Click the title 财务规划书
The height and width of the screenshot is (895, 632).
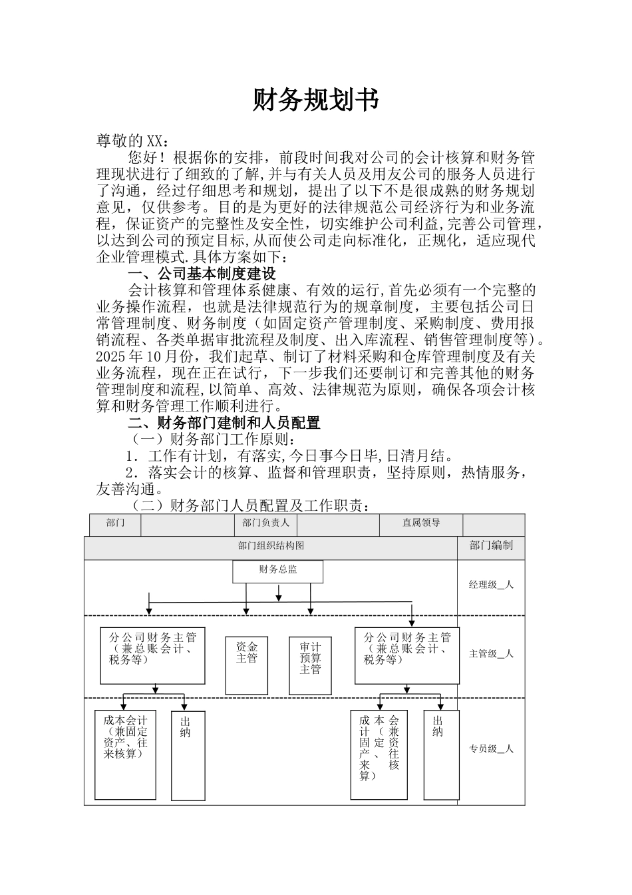pyautogui.click(x=315, y=100)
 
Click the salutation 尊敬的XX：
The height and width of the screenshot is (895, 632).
pyautogui.click(x=133, y=141)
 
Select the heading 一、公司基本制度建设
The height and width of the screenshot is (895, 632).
pyautogui.click(x=201, y=274)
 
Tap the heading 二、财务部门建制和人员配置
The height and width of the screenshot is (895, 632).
pyautogui.click(x=224, y=423)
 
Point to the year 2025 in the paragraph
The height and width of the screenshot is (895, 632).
pyautogui.click(x=114, y=357)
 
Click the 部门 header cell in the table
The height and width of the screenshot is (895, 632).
pyautogui.click(x=115, y=523)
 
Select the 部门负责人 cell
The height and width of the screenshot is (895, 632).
pyautogui.click(x=265, y=523)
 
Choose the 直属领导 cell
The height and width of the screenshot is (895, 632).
pyautogui.click(x=421, y=523)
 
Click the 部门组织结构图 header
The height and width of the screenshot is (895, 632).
pyautogui.click(x=271, y=546)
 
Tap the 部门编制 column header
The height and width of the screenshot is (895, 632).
pyautogui.click(x=491, y=546)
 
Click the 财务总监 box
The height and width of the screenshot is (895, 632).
pyautogui.click(x=277, y=571)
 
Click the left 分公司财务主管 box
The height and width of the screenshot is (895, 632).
pyautogui.click(x=152, y=655)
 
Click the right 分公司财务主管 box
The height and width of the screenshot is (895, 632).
pyautogui.click(x=407, y=655)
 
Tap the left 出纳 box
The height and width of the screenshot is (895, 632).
pyautogui.click(x=188, y=755)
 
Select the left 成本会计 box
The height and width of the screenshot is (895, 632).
pyautogui.click(x=126, y=755)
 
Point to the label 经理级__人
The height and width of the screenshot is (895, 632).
pyautogui.click(x=491, y=585)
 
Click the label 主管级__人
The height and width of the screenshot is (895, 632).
pyautogui.click(x=491, y=654)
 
